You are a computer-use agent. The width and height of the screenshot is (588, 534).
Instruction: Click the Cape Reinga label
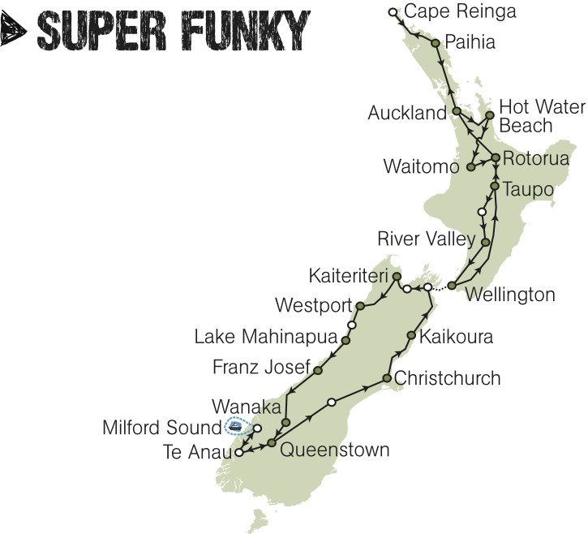[x=459, y=11]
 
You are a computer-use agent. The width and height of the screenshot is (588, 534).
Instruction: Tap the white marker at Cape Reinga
[x=393, y=11]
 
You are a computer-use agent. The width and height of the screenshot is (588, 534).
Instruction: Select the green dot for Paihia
[x=436, y=43]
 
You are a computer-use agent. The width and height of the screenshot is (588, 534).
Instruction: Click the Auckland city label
[x=407, y=113]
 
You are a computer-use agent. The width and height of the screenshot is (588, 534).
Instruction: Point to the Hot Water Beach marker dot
[x=489, y=115]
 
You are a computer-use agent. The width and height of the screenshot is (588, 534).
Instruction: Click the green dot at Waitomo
[x=470, y=167]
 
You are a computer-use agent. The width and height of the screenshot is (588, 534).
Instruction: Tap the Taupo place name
[x=528, y=189]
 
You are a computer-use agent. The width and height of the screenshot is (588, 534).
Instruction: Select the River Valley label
[x=426, y=239]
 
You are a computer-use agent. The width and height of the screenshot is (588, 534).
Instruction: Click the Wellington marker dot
[x=452, y=285]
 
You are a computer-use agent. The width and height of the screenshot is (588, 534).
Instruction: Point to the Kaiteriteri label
[x=349, y=276]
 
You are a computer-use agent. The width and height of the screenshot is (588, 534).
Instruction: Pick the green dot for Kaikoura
[x=412, y=335]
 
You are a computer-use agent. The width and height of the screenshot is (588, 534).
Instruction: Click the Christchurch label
[x=447, y=378]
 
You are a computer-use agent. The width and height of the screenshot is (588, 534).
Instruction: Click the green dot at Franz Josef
[x=318, y=370]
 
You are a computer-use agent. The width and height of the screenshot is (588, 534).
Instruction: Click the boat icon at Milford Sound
[x=236, y=425]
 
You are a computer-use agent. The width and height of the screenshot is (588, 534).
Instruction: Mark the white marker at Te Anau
[x=238, y=453]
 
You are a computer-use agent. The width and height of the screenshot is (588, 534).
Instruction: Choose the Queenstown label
[x=334, y=450]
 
